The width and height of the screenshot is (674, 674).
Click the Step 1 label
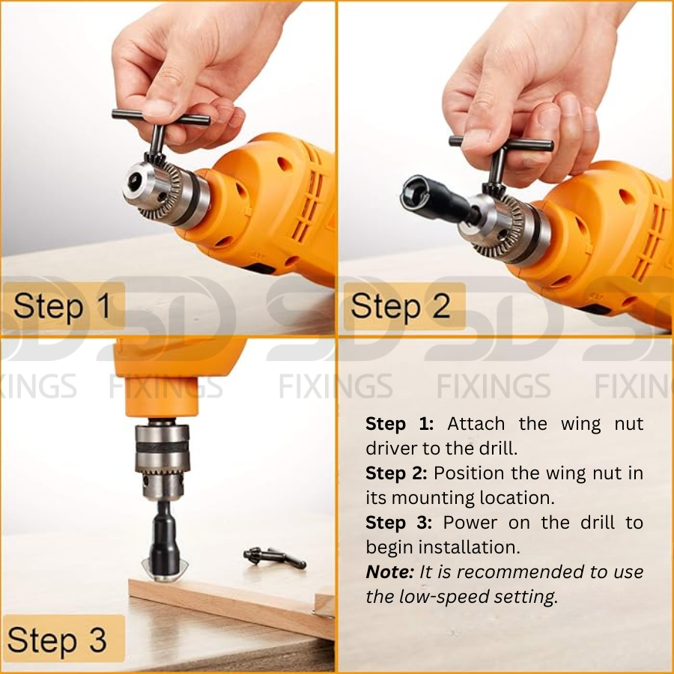63,306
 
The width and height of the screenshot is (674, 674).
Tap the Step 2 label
401,306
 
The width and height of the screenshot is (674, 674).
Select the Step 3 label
57,640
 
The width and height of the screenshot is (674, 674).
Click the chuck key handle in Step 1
161,118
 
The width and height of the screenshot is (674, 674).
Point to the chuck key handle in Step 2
501,143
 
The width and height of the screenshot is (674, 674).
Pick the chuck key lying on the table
275,557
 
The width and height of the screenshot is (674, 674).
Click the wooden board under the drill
232,604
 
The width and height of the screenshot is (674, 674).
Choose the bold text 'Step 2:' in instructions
396,473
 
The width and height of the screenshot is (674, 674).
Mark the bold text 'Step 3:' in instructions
399,523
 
